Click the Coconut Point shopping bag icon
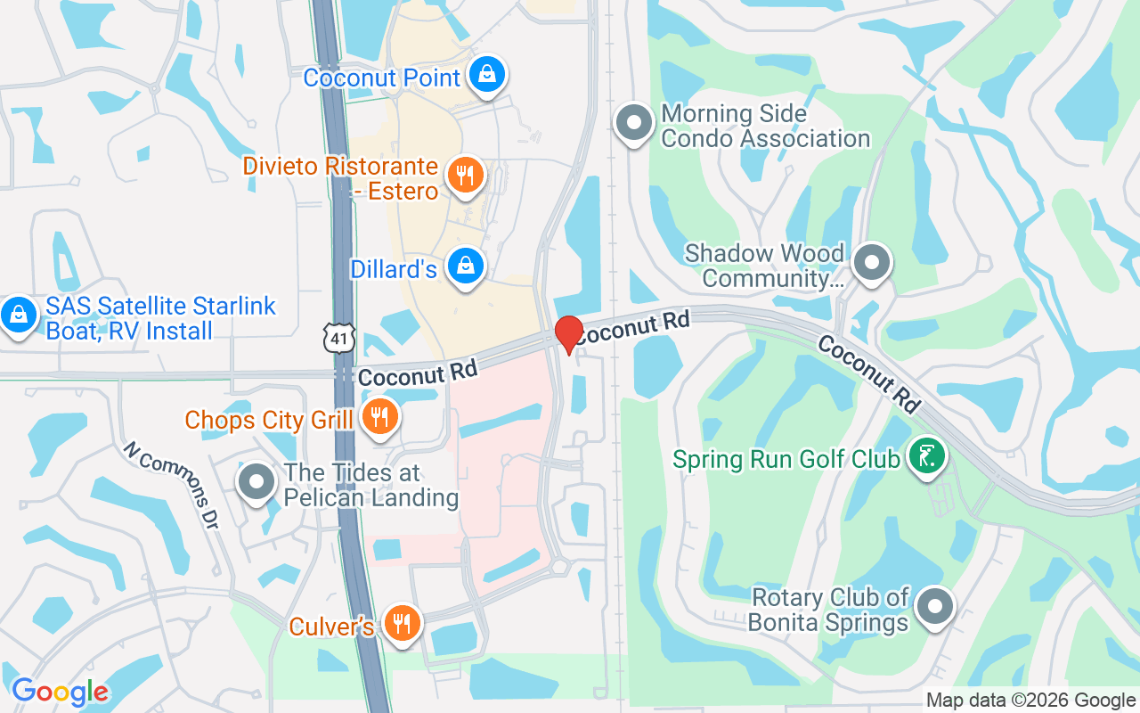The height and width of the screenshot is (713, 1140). pos(487,75)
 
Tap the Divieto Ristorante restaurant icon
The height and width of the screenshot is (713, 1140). pos(464,174)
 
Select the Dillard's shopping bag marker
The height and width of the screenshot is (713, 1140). pos(464,266)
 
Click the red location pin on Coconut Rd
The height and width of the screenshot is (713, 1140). pos(569,334)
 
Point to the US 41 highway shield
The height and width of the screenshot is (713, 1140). pos(339,338)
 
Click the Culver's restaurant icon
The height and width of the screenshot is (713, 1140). pos(403,623)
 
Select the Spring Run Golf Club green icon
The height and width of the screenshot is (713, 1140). pos(926,457)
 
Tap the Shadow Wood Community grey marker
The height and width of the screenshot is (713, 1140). pos(872,263)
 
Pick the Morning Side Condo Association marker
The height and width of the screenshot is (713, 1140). pos(635,123)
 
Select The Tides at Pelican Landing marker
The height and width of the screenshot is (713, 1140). pos(256,482)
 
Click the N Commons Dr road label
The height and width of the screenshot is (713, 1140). pos(171,484)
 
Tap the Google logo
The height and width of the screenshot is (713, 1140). pos(60,692)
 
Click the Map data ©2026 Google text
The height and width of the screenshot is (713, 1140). pos(1030,701)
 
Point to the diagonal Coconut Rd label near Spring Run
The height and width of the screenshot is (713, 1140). pos(869,374)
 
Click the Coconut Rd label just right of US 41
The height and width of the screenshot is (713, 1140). pos(418,373)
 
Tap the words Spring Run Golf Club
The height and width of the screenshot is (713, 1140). pos(786,460)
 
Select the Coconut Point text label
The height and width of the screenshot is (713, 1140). pos(381,78)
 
